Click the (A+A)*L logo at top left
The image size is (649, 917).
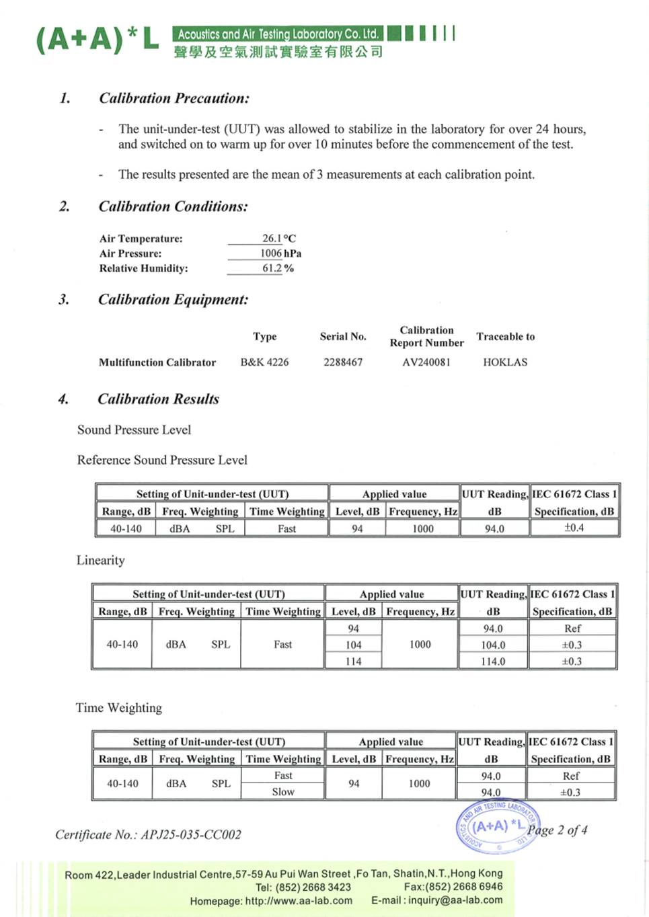[97, 40]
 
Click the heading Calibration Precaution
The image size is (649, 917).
[174, 98]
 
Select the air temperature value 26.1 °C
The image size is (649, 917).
[278, 238]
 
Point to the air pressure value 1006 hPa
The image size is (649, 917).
[280, 253]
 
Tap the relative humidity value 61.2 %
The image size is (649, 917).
[278, 268]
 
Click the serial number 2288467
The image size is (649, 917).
[343, 362]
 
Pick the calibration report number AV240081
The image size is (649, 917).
[426, 362]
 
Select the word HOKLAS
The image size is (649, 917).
[505, 362]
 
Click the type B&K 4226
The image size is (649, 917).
[264, 362]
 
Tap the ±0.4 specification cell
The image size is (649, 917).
[574, 528]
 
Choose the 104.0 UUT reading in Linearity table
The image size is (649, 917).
[493, 645]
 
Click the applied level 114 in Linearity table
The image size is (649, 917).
[353, 661]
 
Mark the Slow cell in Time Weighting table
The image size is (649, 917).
[283, 791]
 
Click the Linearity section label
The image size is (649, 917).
[100, 560]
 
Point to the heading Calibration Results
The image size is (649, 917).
[158, 399]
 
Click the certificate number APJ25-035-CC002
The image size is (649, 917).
[190, 834]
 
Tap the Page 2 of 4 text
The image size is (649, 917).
[558, 830]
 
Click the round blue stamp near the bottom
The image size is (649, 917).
[496, 826]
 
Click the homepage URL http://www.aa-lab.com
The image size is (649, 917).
[299, 900]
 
